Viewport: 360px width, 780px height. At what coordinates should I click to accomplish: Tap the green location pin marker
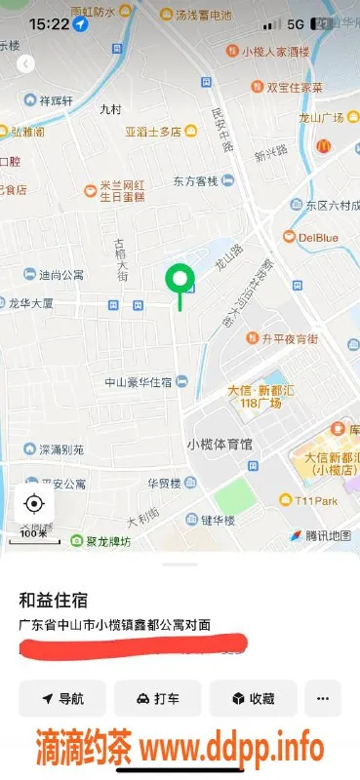(180, 280)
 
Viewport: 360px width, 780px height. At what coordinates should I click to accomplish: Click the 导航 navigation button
(62, 699)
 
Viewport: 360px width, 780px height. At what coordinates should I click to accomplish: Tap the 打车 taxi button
(157, 699)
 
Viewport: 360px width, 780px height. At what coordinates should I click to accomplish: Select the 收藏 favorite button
(252, 699)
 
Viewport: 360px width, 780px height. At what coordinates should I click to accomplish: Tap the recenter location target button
(34, 503)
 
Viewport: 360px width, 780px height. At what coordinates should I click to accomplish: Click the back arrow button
(26, 64)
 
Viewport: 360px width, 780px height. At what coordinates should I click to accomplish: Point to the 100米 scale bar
(36, 537)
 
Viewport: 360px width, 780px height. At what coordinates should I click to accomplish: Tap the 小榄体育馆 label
(219, 444)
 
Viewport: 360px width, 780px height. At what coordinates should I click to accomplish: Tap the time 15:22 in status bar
(49, 22)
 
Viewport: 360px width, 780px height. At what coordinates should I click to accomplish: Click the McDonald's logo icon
(324, 146)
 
